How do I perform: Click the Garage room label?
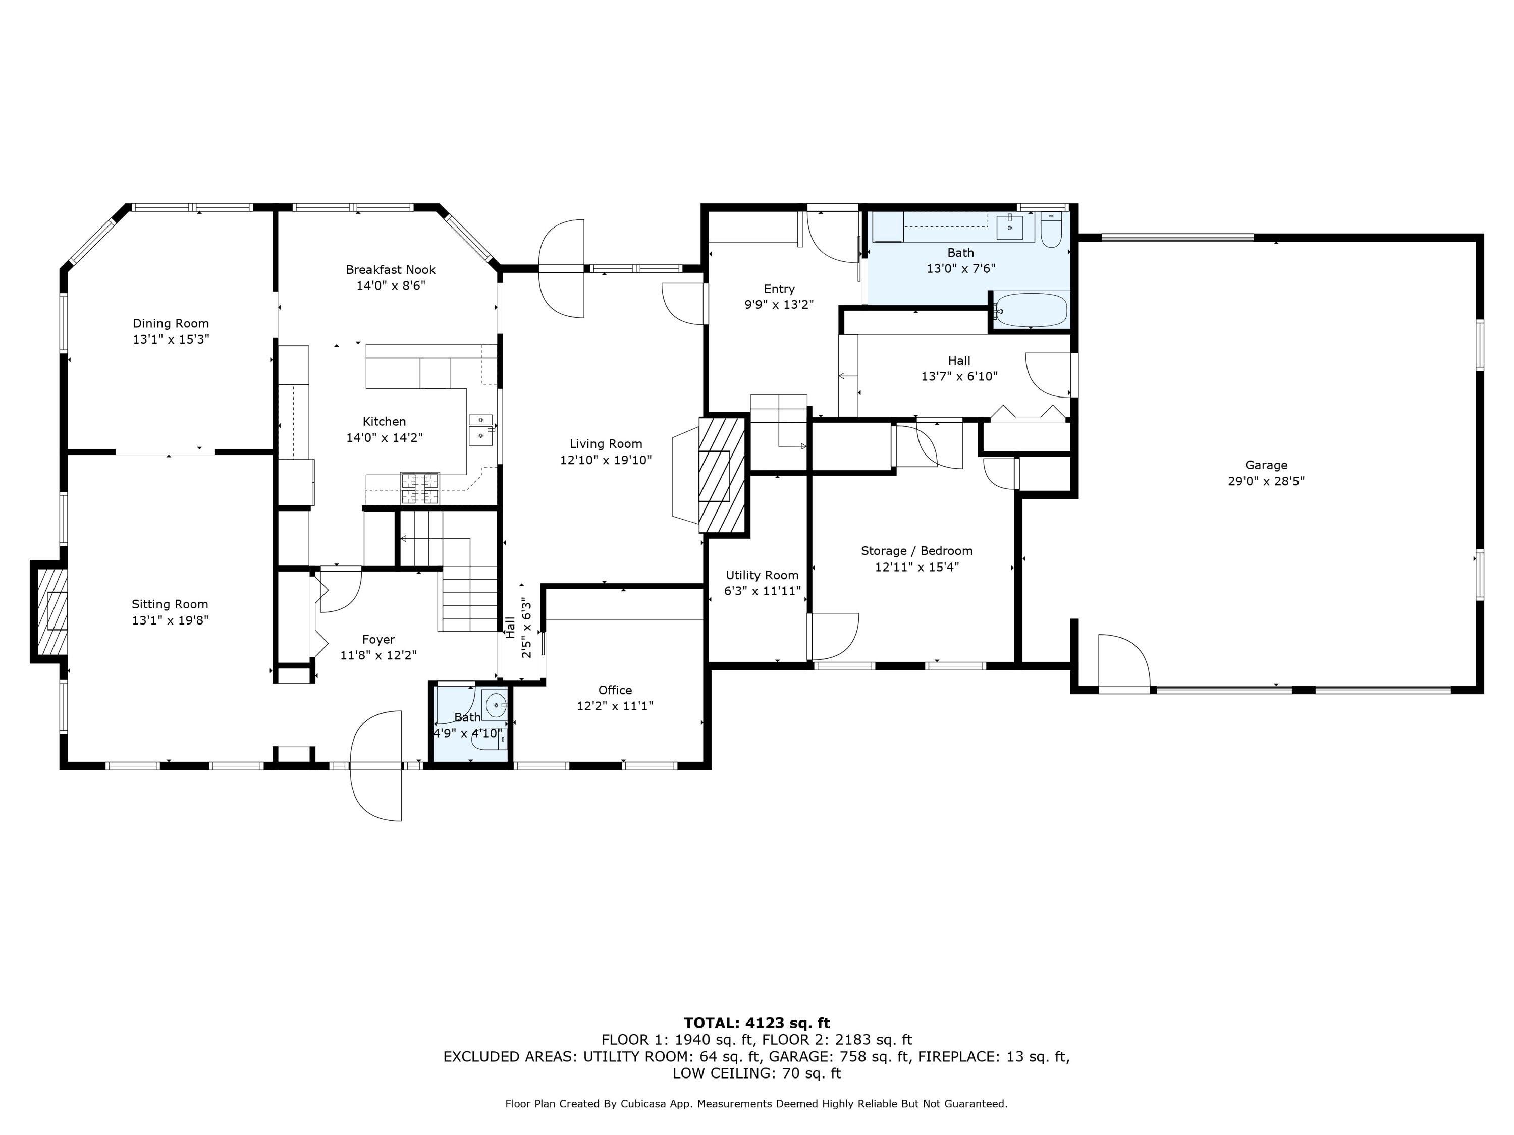click(x=1266, y=465)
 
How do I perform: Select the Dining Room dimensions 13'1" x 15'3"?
click(x=171, y=339)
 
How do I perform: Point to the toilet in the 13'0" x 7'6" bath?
click(x=1051, y=231)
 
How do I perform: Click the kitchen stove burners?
click(x=419, y=488)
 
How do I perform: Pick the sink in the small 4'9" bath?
click(x=496, y=704)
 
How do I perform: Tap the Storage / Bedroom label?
click(x=916, y=551)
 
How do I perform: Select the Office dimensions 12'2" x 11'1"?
click(x=615, y=706)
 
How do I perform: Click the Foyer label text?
click(x=379, y=640)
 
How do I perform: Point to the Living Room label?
click(x=606, y=444)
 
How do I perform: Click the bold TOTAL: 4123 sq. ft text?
click(x=757, y=1023)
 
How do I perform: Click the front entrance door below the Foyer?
click(x=376, y=766)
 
